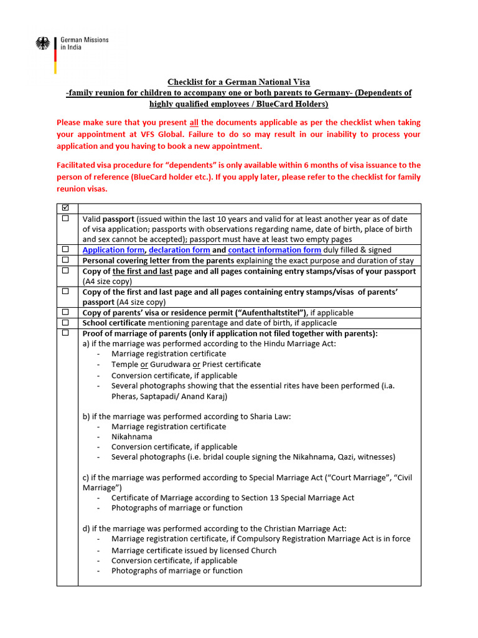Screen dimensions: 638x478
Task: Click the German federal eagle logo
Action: tap(43, 44)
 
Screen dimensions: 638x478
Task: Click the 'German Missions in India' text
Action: tap(84, 44)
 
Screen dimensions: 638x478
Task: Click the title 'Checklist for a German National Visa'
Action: tap(238, 82)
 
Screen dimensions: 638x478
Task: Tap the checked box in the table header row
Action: tap(66, 207)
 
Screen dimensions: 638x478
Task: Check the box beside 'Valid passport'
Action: tap(66, 219)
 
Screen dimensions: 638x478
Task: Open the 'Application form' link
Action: tap(113, 250)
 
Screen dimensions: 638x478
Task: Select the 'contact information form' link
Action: tap(274, 250)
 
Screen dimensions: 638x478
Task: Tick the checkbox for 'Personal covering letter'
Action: tap(66, 260)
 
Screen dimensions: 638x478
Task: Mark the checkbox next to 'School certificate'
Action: tap(66, 323)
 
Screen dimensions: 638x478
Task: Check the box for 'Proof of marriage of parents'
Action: tap(66, 333)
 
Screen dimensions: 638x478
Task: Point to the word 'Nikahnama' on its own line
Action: tap(131, 437)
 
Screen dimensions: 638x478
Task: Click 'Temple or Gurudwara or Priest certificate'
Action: tap(186, 364)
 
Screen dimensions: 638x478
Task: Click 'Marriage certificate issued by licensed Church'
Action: tap(194, 550)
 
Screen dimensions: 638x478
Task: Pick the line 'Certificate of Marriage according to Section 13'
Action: tap(233, 498)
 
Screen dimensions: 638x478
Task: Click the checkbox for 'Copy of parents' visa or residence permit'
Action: tap(66, 312)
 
